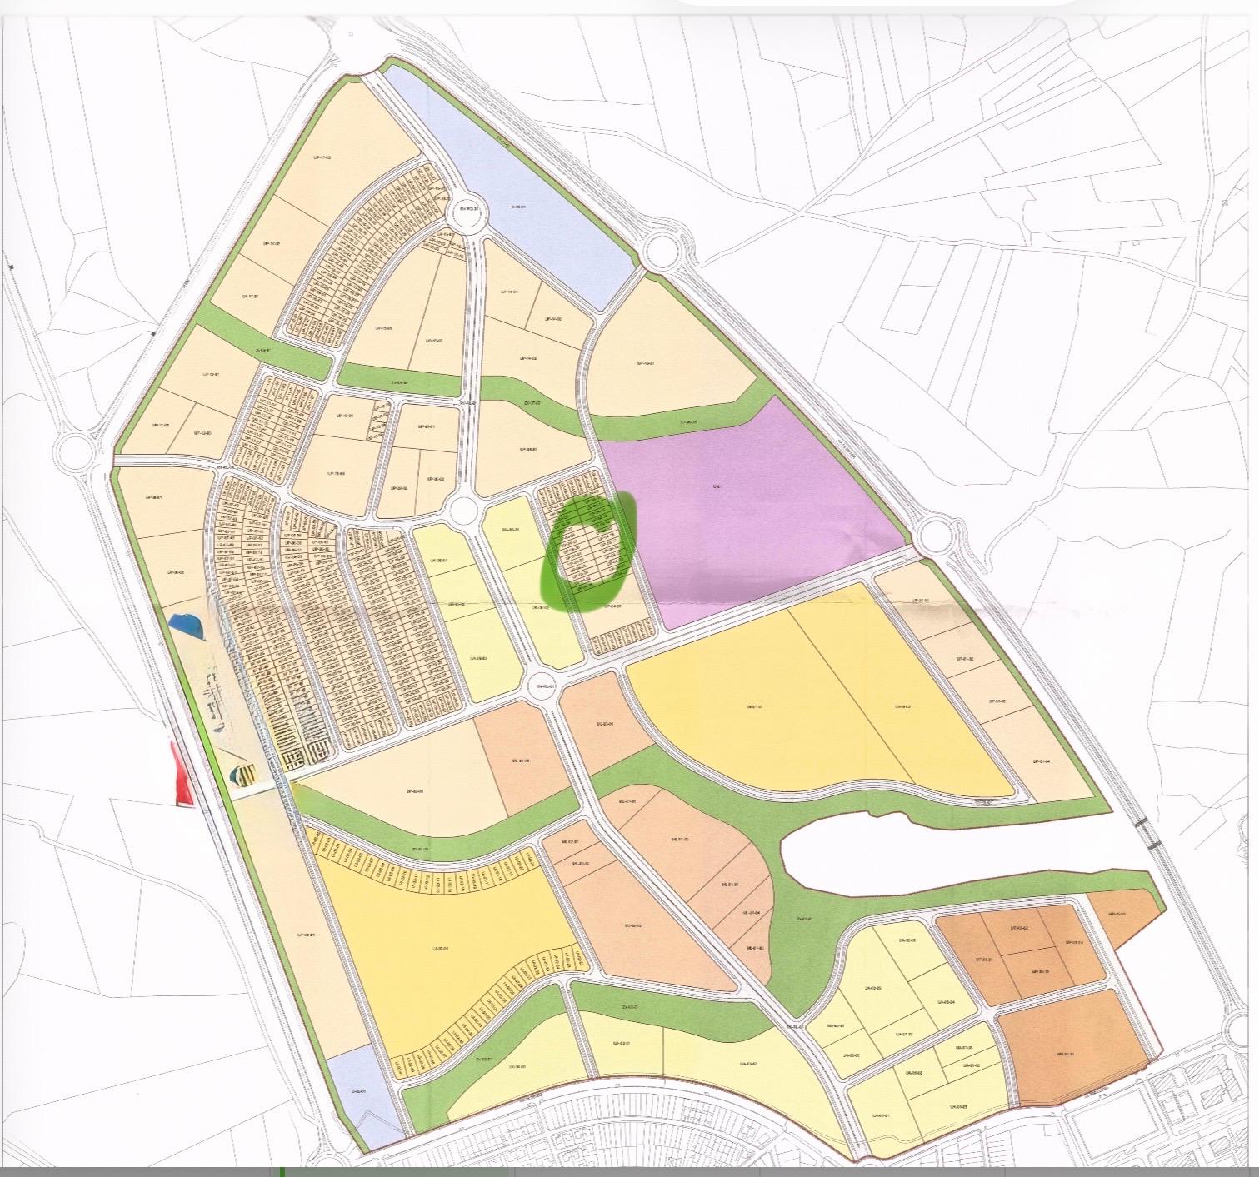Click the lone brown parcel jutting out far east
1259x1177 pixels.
tap(1125, 914)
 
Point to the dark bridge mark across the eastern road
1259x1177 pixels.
tap(1149, 834)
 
